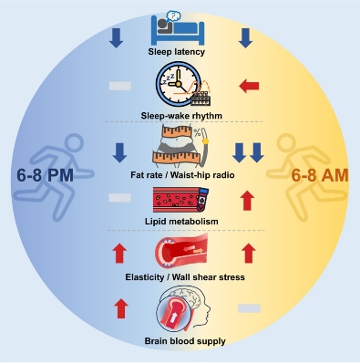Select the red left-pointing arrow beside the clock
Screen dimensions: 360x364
click(249, 86)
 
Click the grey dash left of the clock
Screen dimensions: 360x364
click(120, 86)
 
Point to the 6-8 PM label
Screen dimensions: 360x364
click(45, 175)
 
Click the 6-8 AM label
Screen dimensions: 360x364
click(320, 175)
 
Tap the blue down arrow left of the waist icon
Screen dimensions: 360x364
click(119, 153)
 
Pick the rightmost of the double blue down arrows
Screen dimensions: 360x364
click(257, 153)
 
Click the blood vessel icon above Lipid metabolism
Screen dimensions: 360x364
click(180, 200)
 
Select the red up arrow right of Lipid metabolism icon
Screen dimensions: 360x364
click(247, 201)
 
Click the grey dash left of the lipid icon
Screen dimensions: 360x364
click(120, 198)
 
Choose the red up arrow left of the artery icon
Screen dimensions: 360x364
click(119, 253)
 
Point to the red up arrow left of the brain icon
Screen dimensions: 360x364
click(121, 308)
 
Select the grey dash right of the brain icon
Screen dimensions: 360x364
click(249, 308)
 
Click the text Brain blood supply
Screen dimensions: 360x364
click(185, 341)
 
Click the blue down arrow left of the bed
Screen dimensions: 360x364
click(116, 38)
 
